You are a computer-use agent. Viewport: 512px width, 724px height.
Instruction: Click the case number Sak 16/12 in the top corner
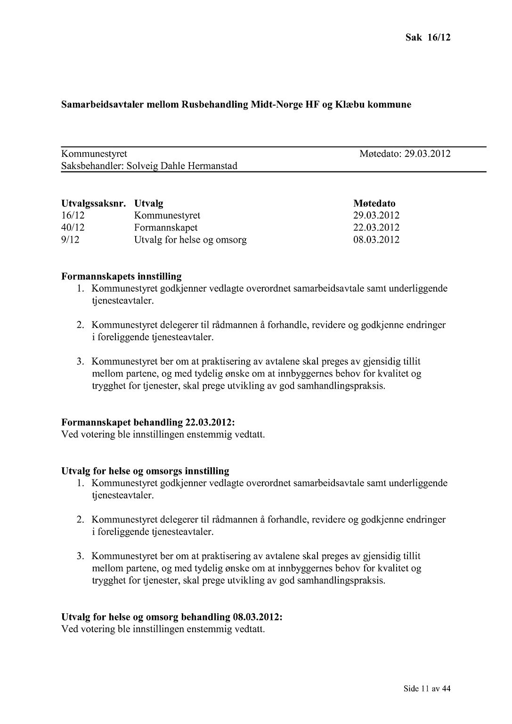(x=428, y=38)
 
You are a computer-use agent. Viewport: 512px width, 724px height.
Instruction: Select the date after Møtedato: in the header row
(x=427, y=154)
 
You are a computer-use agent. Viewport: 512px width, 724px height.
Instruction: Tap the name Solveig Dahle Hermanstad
(x=182, y=166)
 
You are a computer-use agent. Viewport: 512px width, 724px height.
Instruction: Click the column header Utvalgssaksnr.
(x=93, y=203)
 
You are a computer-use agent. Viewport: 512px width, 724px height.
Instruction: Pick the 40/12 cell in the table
(x=73, y=228)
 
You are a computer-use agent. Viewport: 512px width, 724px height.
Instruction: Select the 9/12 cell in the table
(x=70, y=240)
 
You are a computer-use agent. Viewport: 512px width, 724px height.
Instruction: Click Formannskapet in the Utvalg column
(x=166, y=228)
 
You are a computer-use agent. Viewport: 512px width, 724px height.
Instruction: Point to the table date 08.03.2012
(x=376, y=240)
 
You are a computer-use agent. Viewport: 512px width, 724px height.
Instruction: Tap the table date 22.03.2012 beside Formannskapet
(x=376, y=228)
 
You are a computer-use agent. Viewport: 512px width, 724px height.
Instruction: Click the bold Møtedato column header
(x=374, y=203)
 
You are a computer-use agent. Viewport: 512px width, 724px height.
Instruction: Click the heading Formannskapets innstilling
(x=122, y=277)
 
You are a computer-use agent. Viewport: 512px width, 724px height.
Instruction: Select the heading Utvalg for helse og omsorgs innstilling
(x=145, y=471)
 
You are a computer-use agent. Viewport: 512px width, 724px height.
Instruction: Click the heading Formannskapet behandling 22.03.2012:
(x=148, y=422)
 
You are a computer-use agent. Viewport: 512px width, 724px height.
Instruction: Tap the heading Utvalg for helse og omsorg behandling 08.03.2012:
(x=172, y=617)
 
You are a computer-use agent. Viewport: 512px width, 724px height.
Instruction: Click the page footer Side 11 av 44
(x=427, y=689)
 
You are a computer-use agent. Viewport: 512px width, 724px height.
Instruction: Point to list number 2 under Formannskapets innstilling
(x=81, y=325)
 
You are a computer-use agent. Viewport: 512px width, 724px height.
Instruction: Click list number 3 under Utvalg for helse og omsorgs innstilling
(x=81, y=556)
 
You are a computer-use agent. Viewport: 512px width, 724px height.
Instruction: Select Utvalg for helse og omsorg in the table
(x=190, y=240)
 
